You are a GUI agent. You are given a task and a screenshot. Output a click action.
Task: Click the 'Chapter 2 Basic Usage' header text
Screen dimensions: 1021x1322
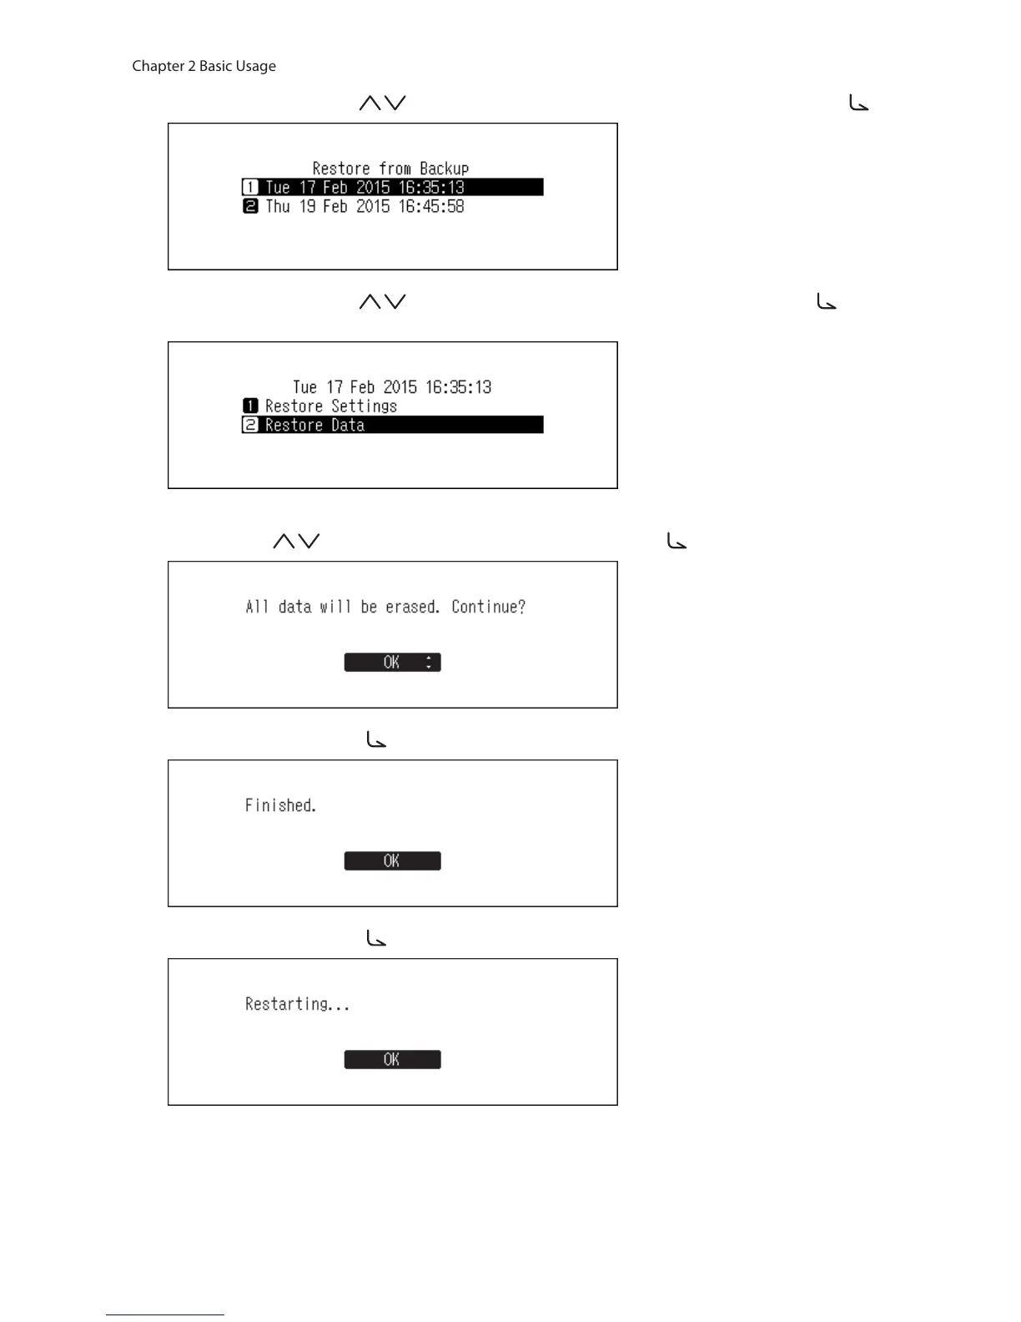coord(204,66)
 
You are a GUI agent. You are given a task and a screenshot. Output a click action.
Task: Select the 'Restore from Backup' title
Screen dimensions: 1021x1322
coord(390,168)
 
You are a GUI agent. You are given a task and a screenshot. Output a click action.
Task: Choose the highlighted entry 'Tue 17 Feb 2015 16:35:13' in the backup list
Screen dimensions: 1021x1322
coord(365,187)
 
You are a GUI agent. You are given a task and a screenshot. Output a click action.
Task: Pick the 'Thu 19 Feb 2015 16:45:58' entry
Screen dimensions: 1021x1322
coord(365,206)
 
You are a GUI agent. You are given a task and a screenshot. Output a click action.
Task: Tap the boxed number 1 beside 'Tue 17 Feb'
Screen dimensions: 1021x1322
coord(250,187)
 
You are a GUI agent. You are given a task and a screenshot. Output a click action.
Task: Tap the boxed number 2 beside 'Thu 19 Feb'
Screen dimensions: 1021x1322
coord(250,206)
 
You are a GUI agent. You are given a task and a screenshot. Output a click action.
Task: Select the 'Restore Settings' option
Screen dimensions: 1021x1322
coord(330,406)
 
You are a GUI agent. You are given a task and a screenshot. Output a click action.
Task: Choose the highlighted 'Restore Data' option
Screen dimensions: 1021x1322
coord(314,425)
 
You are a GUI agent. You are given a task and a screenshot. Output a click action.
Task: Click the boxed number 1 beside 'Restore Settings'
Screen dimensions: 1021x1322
coord(250,406)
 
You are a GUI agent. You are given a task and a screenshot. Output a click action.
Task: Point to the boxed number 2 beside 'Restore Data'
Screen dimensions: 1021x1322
coord(250,425)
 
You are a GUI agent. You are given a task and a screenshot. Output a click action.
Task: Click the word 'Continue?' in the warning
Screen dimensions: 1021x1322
coord(488,607)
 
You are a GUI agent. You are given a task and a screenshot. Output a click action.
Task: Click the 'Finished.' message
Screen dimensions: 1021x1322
coord(280,805)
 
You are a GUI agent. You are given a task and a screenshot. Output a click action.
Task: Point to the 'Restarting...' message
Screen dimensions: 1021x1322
coord(297,1004)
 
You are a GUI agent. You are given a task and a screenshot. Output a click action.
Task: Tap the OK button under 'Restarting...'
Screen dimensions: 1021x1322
coord(392,1059)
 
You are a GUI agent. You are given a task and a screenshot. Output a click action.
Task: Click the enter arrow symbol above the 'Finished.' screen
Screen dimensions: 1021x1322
coord(376,739)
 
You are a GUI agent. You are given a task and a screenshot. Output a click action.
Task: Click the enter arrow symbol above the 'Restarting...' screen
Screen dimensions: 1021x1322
coord(376,938)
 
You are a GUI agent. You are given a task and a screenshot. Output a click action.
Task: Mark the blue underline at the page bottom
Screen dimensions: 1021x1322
coord(165,1314)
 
